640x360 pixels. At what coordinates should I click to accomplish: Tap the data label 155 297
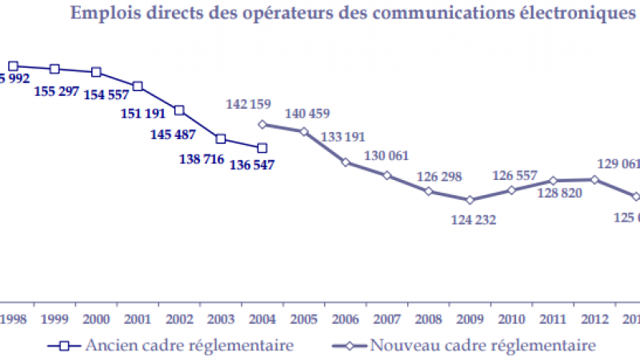[57, 90]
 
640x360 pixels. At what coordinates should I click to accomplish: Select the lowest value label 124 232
[472, 218]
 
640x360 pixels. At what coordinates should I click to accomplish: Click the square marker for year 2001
[138, 86]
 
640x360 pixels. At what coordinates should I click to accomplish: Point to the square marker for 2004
[262, 147]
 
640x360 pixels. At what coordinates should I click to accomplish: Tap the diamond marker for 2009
[470, 200]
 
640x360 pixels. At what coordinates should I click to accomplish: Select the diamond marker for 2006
[346, 162]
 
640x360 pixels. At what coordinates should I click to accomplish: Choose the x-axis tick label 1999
[54, 320]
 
